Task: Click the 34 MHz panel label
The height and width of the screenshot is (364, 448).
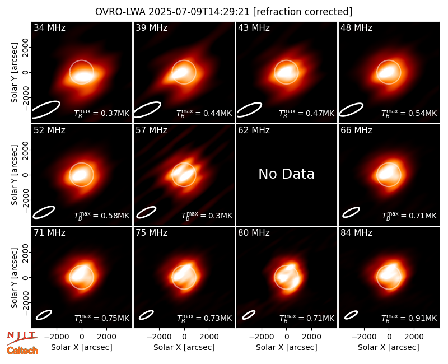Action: click(49, 27)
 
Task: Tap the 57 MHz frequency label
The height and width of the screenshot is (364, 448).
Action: click(151, 130)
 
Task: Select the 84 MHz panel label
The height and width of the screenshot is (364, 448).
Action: click(356, 233)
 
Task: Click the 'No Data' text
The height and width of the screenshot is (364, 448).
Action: click(286, 174)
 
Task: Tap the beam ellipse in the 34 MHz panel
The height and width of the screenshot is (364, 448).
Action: click(45, 109)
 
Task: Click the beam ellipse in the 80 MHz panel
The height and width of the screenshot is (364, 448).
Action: click(249, 315)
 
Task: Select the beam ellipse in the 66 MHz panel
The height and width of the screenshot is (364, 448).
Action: click(351, 212)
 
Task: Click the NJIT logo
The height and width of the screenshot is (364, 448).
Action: click(22, 337)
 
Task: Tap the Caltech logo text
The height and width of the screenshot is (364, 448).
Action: click(22, 351)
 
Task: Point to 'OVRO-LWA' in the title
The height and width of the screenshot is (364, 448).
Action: click(120, 12)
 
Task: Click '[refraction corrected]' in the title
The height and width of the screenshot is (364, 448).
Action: click(302, 12)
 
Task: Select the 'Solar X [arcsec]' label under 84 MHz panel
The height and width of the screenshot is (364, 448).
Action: click(389, 347)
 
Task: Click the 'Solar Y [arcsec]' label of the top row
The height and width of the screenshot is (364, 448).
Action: click(14, 73)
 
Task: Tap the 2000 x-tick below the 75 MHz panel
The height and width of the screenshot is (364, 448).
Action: click(209, 337)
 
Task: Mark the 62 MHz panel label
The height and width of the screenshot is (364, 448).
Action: click(254, 130)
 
